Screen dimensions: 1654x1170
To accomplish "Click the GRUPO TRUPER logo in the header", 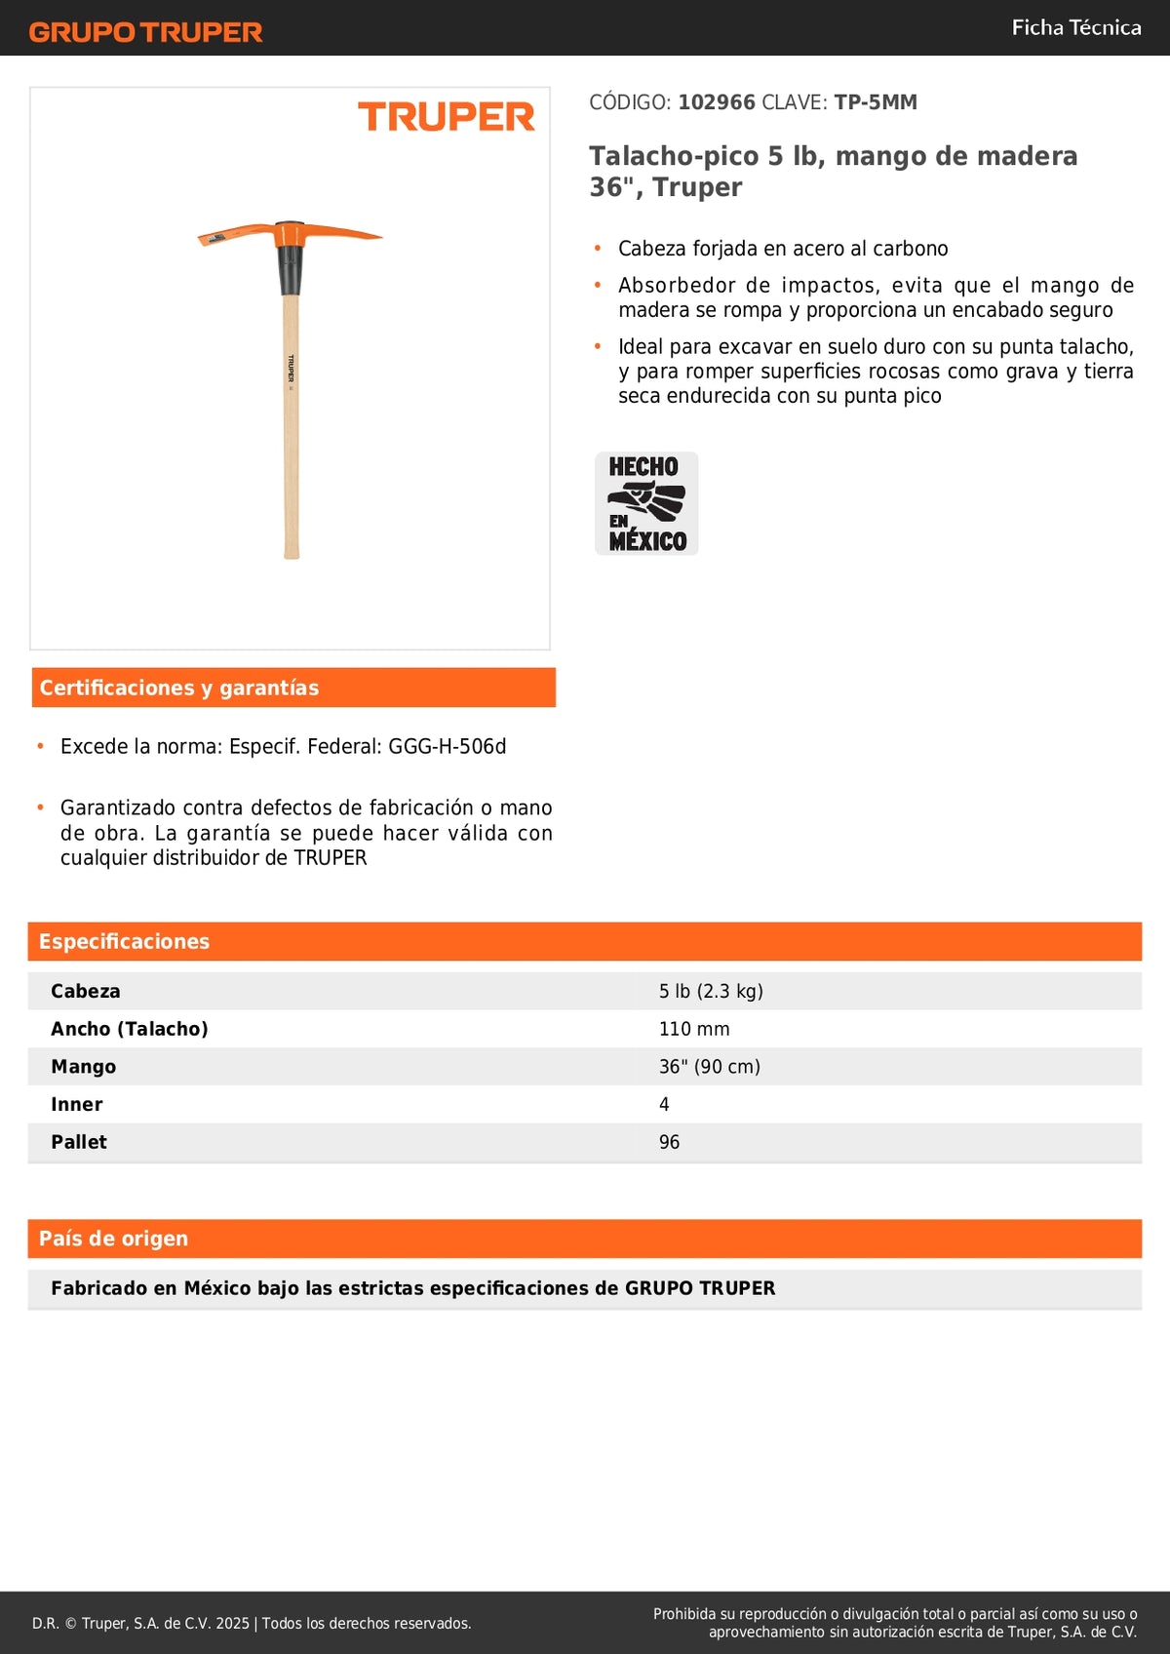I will tap(146, 32).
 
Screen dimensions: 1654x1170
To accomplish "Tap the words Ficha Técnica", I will tap(1075, 27).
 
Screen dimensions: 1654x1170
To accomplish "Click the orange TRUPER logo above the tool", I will tap(447, 117).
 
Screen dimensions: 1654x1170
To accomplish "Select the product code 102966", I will tap(717, 102).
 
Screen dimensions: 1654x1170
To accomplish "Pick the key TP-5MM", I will tap(876, 102).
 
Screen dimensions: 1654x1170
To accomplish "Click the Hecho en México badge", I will tap(646, 503).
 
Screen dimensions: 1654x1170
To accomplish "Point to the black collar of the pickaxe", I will tap(290, 269).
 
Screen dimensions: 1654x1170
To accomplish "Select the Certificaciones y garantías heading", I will tap(179, 688).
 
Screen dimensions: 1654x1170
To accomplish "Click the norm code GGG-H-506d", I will tap(448, 747).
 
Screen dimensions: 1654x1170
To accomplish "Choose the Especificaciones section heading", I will tap(125, 941).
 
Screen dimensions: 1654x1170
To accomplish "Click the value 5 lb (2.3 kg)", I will tap(711, 991).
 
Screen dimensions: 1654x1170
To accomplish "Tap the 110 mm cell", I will tap(694, 1029).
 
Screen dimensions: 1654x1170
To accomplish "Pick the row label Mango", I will tap(84, 1067).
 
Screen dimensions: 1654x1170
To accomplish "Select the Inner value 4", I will tap(664, 1105).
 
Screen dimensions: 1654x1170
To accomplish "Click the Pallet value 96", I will tap(669, 1142).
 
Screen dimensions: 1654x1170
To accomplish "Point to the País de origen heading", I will tap(114, 1239).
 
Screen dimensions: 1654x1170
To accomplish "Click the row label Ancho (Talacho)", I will tap(130, 1029).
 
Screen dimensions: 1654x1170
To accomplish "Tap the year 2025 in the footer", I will tap(233, 1624).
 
